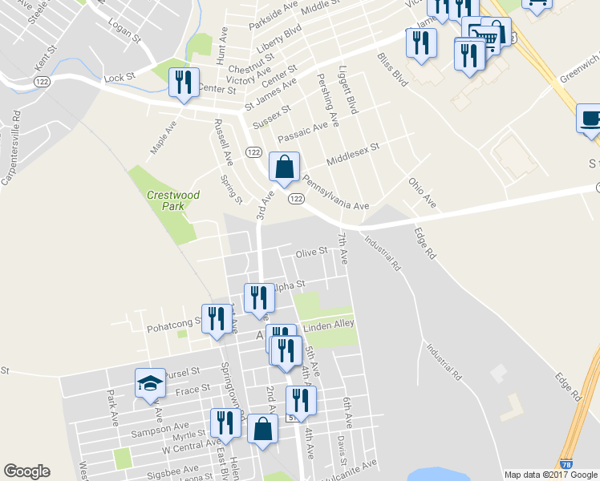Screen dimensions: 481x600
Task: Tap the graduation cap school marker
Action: (x=150, y=383)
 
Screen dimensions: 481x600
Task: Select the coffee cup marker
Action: (x=590, y=120)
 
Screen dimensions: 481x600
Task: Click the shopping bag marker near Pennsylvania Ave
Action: (x=284, y=168)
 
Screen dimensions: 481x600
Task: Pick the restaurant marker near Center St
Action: (x=184, y=83)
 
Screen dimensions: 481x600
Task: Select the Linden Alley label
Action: (x=328, y=324)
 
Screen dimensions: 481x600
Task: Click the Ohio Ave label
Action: (x=422, y=193)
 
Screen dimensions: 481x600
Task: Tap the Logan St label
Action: (x=124, y=31)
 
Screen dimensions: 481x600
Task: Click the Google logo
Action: (x=26, y=471)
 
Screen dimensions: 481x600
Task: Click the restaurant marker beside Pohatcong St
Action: (x=217, y=320)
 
